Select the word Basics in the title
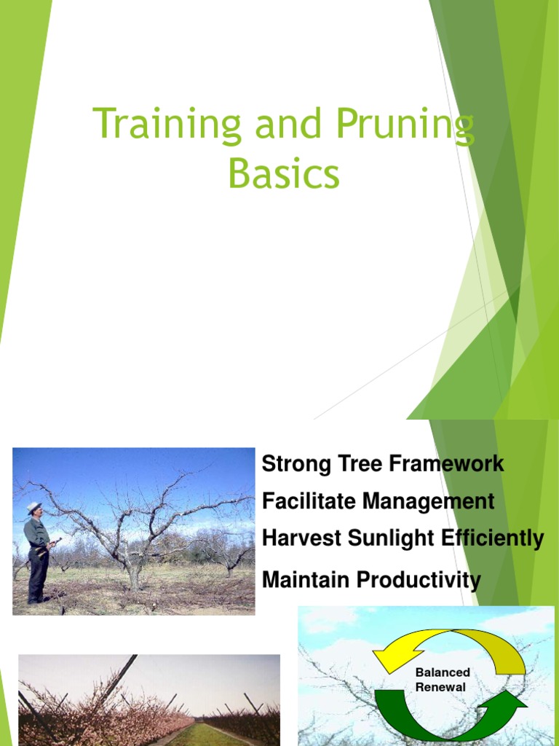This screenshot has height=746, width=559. (x=283, y=175)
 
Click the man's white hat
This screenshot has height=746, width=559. (x=33, y=506)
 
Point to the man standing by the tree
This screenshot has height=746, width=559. (x=36, y=554)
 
